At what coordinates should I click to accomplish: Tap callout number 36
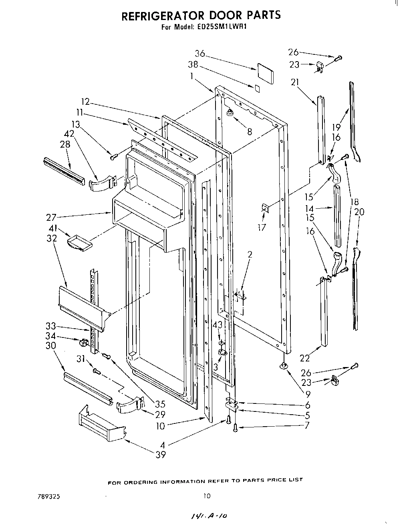[200, 54]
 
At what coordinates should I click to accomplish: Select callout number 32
[52, 239]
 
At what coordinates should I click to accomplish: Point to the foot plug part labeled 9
[284, 366]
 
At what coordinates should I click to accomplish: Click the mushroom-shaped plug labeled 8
[230, 114]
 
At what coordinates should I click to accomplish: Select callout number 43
[218, 326]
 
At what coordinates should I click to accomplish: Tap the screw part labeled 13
[113, 157]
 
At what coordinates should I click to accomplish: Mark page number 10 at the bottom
[206, 496]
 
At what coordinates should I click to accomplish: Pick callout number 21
[295, 82]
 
